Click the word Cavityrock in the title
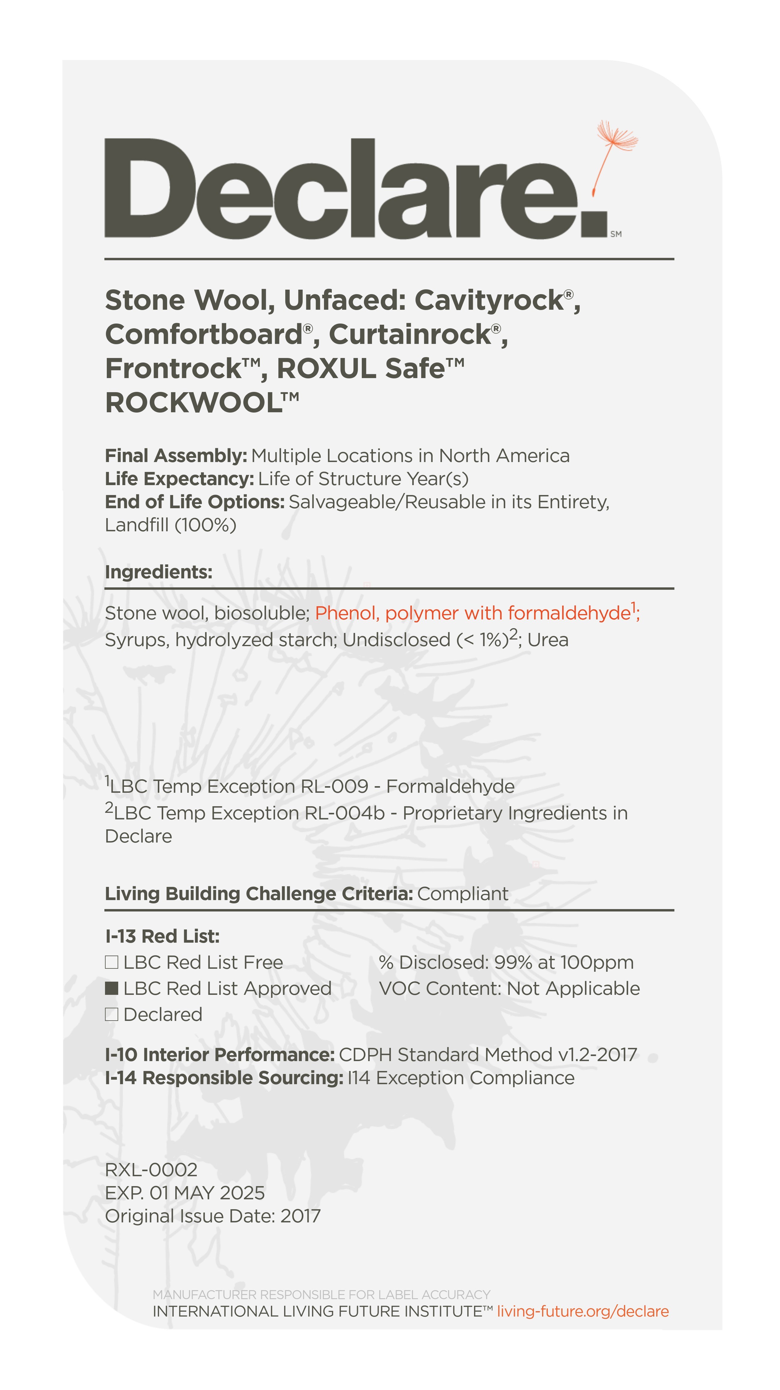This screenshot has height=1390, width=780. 488,300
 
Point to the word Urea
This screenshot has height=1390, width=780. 548,640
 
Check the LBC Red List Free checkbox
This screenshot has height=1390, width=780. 111,962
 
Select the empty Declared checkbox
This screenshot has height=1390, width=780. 111,1014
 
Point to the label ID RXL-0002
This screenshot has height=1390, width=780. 151,1170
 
